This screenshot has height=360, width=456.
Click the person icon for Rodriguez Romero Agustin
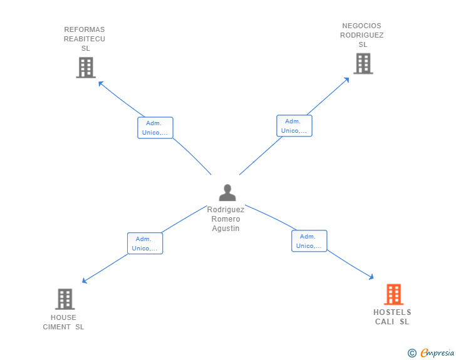click(x=227, y=193)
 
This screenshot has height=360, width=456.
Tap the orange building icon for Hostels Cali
click(x=393, y=294)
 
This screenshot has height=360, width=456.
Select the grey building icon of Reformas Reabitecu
click(x=85, y=68)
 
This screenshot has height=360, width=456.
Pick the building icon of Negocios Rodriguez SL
click(x=363, y=63)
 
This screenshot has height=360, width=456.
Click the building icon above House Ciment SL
click(x=65, y=299)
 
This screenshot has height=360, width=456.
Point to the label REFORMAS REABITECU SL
click(x=85, y=39)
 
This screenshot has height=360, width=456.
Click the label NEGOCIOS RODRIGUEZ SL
click(x=362, y=35)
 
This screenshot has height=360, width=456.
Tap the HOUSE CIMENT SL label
click(x=63, y=322)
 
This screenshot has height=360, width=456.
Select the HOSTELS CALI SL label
click(x=392, y=317)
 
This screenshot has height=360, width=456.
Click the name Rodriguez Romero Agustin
click(x=226, y=219)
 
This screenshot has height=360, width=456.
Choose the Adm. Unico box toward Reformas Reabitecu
click(x=155, y=128)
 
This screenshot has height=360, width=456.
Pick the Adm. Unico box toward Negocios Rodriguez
click(x=294, y=126)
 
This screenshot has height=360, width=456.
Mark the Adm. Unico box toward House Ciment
click(x=145, y=244)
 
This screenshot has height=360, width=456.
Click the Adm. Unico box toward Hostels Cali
click(x=309, y=241)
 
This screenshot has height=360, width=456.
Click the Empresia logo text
click(x=437, y=353)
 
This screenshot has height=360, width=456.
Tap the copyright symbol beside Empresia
click(x=412, y=353)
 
